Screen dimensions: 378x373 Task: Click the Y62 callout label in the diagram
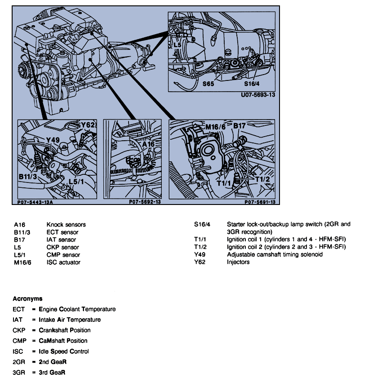(x=88, y=125)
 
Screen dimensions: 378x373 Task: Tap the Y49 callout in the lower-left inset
(x=53, y=140)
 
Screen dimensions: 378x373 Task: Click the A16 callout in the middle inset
(x=148, y=145)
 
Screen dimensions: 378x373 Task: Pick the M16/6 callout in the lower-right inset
(x=215, y=127)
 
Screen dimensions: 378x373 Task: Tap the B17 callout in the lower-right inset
(x=239, y=126)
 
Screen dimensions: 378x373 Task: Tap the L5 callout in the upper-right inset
(x=178, y=45)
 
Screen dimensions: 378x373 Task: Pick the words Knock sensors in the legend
(x=66, y=224)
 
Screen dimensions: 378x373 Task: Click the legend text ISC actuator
(x=63, y=262)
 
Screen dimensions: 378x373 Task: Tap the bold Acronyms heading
(x=28, y=298)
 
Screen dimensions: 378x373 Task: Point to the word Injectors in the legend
(x=238, y=262)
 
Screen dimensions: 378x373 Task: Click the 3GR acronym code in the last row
(x=19, y=373)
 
